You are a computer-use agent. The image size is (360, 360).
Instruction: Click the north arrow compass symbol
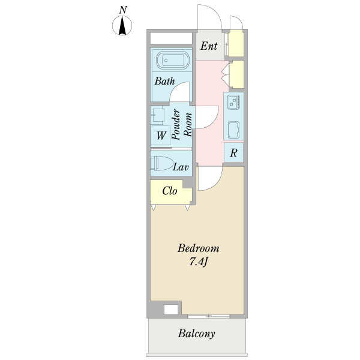pyautogui.click(x=122, y=25)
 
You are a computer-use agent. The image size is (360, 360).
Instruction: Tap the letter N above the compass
pyautogui.click(x=123, y=10)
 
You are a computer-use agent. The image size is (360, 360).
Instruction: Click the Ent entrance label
pyautogui.click(x=209, y=46)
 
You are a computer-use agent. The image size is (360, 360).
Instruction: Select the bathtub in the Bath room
pyautogui.click(x=173, y=61)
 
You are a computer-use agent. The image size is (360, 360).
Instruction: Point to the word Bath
pyautogui.click(x=164, y=81)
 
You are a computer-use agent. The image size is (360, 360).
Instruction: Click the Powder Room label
pyautogui.click(x=181, y=124)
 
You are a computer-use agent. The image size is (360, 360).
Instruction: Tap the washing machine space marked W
pyautogui.click(x=160, y=136)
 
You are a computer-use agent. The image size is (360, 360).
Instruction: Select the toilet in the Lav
pyautogui.click(x=161, y=163)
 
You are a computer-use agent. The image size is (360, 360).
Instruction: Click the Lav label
pyautogui.click(x=181, y=167)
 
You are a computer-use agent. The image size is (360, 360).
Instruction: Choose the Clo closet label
pyautogui.click(x=170, y=191)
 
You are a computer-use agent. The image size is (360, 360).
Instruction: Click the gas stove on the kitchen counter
pyautogui.click(x=234, y=102)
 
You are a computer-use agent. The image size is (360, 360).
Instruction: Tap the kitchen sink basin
pyautogui.click(x=234, y=130)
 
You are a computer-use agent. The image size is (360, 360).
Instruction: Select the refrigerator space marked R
pyautogui.click(x=233, y=152)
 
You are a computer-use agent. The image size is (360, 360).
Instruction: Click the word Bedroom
pyautogui.click(x=198, y=248)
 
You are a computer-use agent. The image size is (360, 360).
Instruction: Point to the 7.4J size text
pyautogui.click(x=199, y=262)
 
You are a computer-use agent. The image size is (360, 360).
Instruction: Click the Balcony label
pyautogui.click(x=197, y=334)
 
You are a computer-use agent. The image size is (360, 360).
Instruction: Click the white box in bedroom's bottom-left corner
pyautogui.click(x=171, y=310)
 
